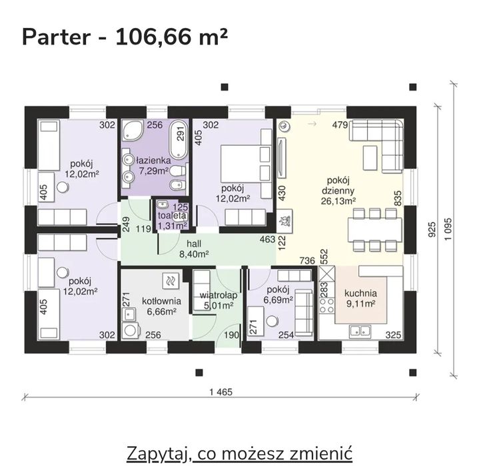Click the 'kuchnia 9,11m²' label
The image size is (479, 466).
(360, 299)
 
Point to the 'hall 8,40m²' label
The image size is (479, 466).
(193, 248)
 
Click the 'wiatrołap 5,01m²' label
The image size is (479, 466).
(216, 300)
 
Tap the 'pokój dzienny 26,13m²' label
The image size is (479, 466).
(340, 190)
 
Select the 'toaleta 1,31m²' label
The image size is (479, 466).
(171, 220)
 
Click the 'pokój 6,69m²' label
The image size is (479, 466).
(278, 295)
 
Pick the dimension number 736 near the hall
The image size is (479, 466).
(307, 260)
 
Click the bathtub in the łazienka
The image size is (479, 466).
(179, 137)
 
